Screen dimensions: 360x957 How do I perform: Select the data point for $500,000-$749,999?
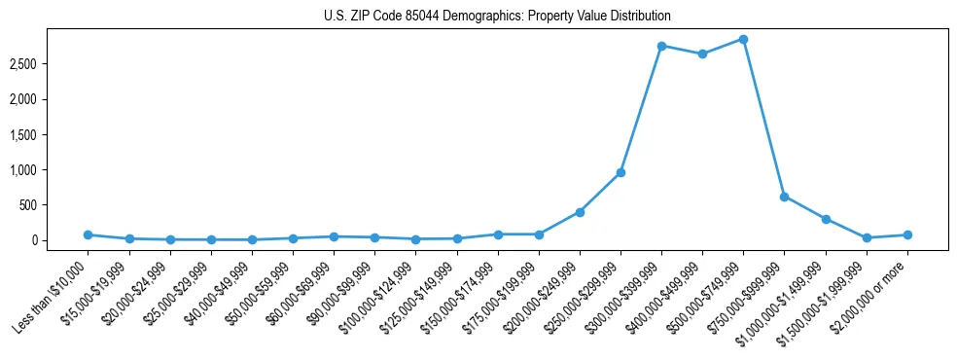click(x=743, y=39)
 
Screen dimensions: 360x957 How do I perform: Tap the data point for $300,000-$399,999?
click(x=661, y=46)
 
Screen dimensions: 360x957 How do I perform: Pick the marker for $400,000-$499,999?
click(x=702, y=54)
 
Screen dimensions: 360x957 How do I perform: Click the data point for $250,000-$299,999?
click(x=620, y=172)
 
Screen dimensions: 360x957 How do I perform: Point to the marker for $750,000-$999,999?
click(x=784, y=197)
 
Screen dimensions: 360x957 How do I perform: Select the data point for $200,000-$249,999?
click(x=580, y=212)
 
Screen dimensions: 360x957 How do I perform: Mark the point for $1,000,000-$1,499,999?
click(x=826, y=219)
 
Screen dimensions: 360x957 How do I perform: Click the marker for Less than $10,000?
click(x=88, y=234)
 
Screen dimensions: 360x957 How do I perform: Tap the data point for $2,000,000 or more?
click(x=907, y=234)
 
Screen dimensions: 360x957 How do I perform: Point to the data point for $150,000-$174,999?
click(x=498, y=234)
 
